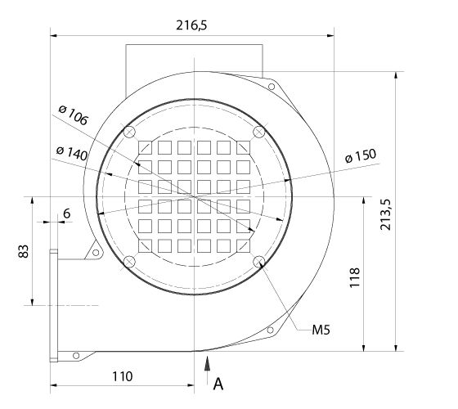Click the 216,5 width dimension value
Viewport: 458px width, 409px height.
(191, 25)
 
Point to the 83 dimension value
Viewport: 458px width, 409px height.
(24, 252)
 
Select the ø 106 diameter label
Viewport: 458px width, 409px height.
(74, 117)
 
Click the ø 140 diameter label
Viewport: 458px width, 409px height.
(72, 151)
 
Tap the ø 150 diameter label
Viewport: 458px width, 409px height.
(360, 156)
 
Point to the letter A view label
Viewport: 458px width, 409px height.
(218, 382)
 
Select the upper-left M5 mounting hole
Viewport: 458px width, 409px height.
(128, 132)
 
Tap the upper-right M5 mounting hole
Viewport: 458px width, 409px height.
(259, 132)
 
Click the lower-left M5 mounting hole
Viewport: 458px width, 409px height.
(128, 262)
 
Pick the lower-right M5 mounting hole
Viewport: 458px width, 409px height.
(259, 262)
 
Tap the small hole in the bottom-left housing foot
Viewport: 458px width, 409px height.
(76, 355)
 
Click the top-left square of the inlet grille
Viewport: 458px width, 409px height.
(145, 147)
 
